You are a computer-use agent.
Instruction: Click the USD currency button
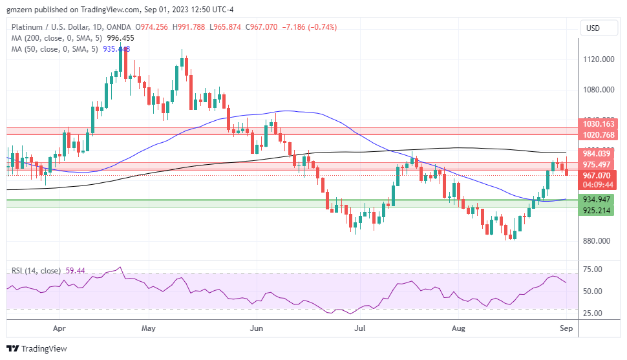coord(592,28)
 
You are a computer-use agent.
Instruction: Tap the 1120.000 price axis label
coord(598,59)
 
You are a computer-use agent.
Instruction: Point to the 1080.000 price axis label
coord(598,90)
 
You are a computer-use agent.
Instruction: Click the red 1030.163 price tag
coord(598,124)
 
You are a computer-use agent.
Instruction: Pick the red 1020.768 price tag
coord(598,135)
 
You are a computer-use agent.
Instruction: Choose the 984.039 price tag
coord(597,153)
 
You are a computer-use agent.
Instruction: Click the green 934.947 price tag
coord(597,200)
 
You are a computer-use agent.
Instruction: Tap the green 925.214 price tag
coord(597,211)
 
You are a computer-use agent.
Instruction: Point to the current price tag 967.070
coord(597,175)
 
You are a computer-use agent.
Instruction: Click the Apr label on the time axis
coord(59,328)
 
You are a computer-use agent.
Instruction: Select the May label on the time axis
coord(149,328)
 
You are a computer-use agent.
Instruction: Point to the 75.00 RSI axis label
coord(592,270)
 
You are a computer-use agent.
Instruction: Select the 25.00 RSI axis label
coord(592,313)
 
